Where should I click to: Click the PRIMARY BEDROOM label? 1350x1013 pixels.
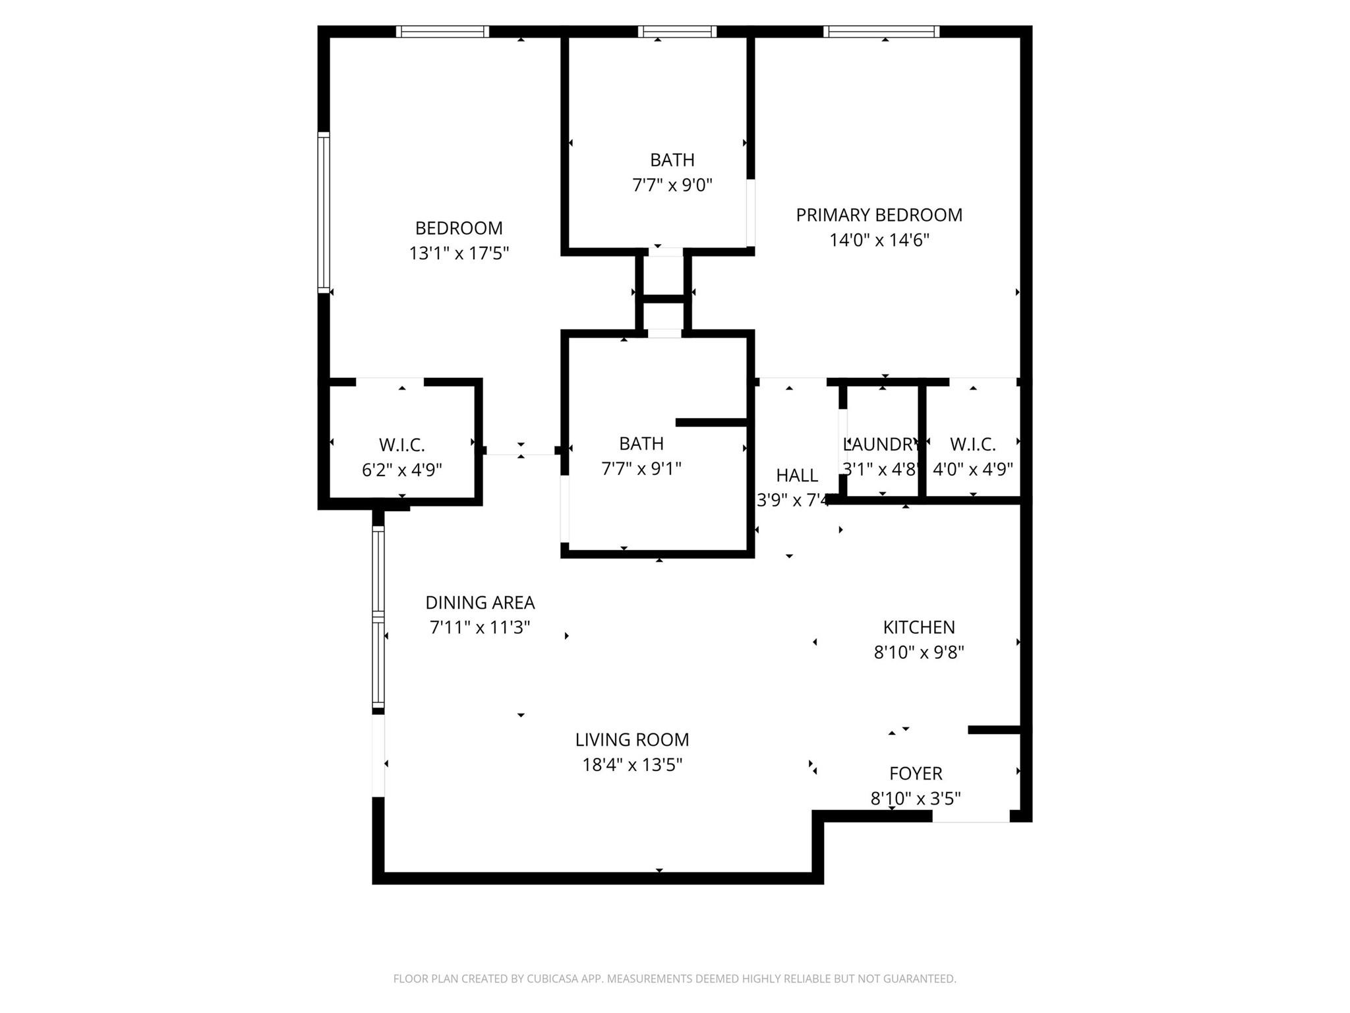879,215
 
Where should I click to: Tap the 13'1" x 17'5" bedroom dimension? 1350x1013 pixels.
459,253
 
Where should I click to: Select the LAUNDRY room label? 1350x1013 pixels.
881,445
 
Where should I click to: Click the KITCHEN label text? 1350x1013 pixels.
919,627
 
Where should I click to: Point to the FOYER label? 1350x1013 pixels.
916,774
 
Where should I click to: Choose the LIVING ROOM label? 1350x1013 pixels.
631,740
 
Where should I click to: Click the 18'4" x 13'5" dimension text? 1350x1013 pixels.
631,765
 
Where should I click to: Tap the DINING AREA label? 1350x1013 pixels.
480,603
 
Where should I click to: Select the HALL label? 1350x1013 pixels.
797,476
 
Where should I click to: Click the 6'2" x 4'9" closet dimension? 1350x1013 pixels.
401,470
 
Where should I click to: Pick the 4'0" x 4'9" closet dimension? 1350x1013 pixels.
972,470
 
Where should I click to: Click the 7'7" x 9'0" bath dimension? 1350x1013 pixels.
672,185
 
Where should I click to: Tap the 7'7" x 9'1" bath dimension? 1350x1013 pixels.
641,469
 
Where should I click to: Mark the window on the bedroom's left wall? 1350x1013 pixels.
324,212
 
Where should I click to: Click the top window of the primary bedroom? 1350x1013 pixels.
881,32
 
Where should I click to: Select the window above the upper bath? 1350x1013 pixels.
677,32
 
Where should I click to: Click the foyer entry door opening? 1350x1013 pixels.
970,816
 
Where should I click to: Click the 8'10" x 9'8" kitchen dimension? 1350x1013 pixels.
919,652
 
